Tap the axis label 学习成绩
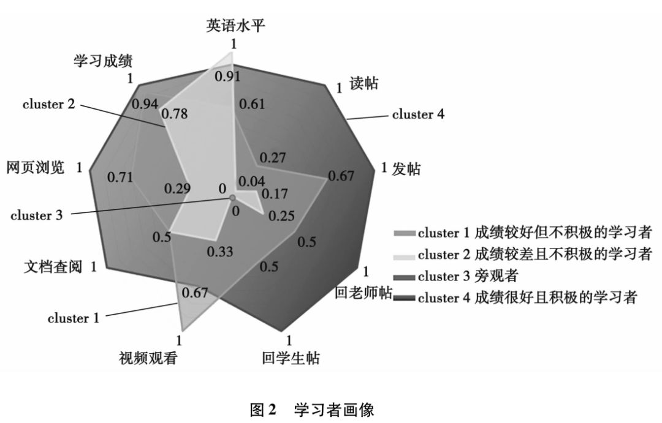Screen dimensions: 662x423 pyautogui.click(x=104, y=61)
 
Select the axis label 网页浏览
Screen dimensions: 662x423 pyautogui.click(x=36, y=168)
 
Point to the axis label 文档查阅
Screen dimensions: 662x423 pyautogui.click(x=53, y=267)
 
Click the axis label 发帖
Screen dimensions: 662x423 pyautogui.click(x=406, y=170)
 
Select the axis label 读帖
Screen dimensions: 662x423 pyautogui.click(x=363, y=83)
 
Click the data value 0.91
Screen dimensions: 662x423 pyautogui.click(x=227, y=77)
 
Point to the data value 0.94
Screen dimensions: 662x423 pyautogui.click(x=145, y=105)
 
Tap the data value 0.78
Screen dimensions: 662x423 pyautogui.click(x=175, y=114)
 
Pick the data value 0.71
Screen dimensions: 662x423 pyautogui.click(x=120, y=178)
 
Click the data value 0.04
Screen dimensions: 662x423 pyautogui.click(x=252, y=181)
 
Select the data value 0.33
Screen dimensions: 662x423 pyautogui.click(x=219, y=252)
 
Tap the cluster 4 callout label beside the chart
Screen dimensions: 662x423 pyautogui.click(x=418, y=114)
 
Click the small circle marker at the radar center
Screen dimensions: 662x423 pyautogui.click(x=232, y=198)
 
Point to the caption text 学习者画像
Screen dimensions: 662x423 pyautogui.click(x=334, y=408)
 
